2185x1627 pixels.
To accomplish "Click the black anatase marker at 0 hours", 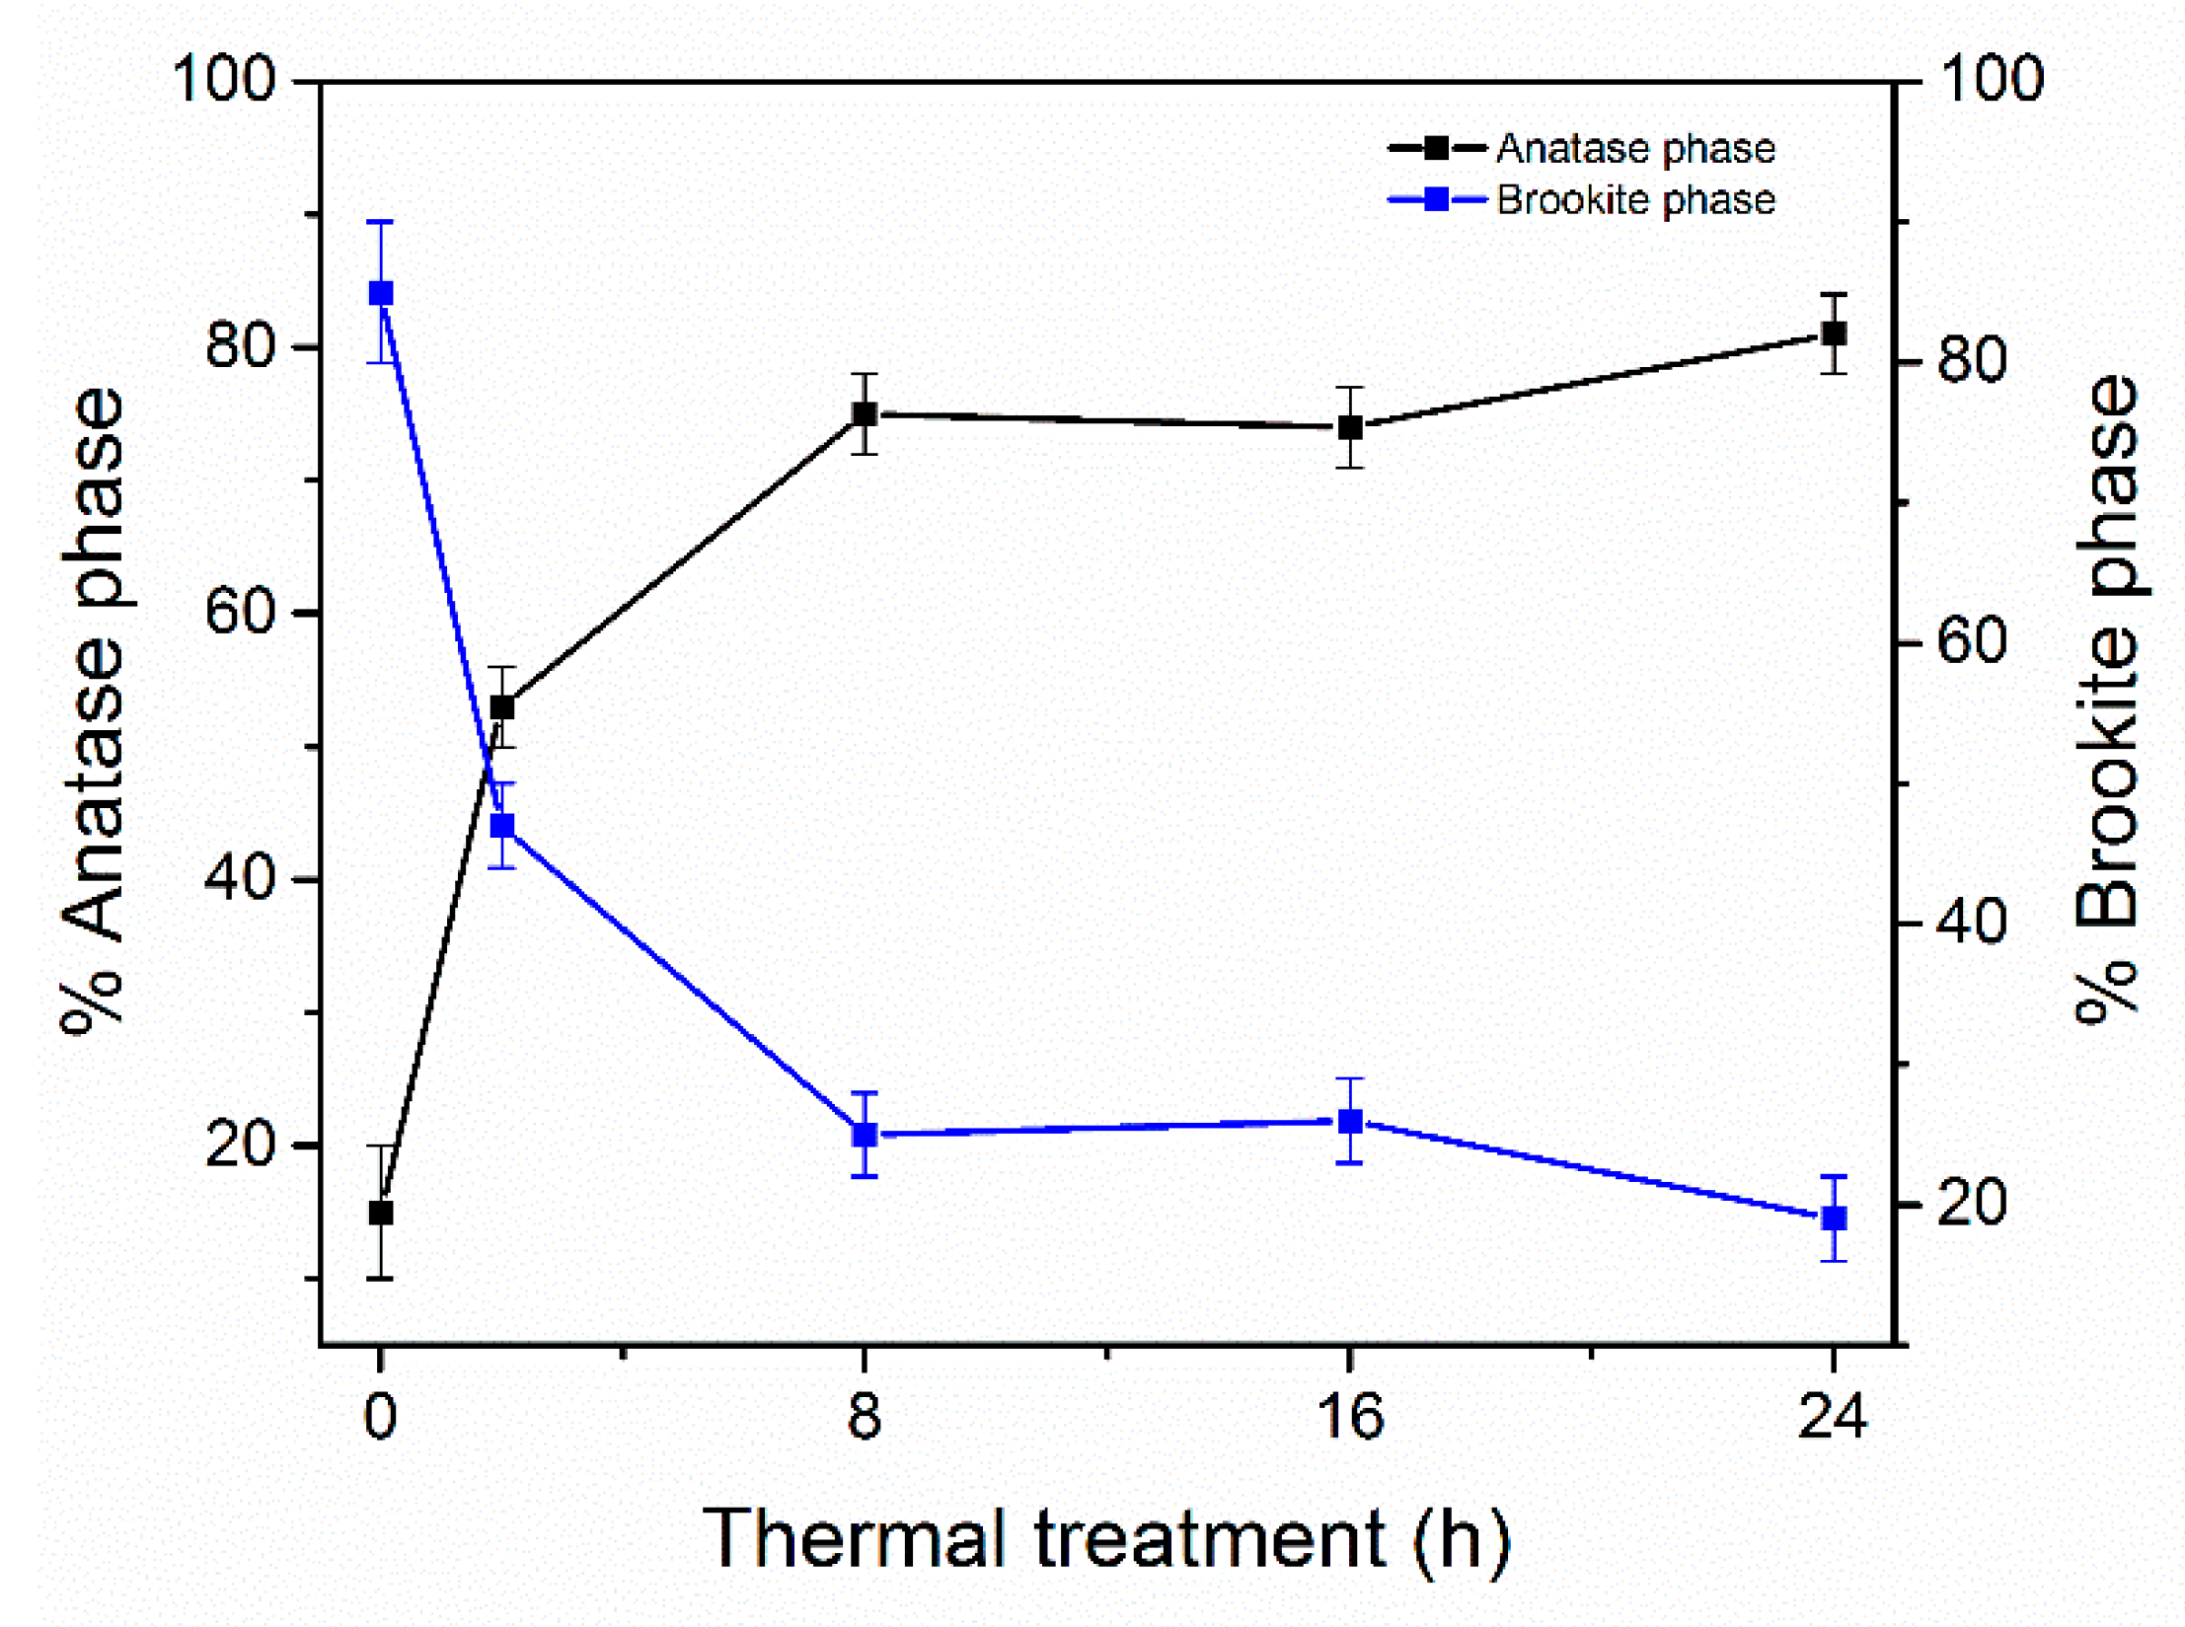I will tap(380, 1213).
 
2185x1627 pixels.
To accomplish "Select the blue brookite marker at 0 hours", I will tap(380, 293).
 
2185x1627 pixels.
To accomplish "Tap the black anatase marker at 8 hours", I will tap(865, 413).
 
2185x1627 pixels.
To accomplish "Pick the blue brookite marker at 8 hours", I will tap(865, 1135).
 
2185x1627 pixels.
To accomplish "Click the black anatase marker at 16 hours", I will tap(1349, 427).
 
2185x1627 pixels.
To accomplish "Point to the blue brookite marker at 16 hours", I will tap(1349, 1122).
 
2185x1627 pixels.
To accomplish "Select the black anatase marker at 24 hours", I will tap(1834, 333).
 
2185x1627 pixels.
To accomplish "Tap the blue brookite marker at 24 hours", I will tap(1834, 1219).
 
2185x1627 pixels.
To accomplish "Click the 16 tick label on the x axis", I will tap(1349, 1417).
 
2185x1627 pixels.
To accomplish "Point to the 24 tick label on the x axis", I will tap(1832, 1417).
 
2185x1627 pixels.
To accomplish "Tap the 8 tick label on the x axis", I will tap(865, 1417).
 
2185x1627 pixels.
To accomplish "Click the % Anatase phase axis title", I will tap(94, 710).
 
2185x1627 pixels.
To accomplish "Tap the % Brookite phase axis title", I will tap(2107, 701).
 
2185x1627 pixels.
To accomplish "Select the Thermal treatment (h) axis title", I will tap(1105, 1540).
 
